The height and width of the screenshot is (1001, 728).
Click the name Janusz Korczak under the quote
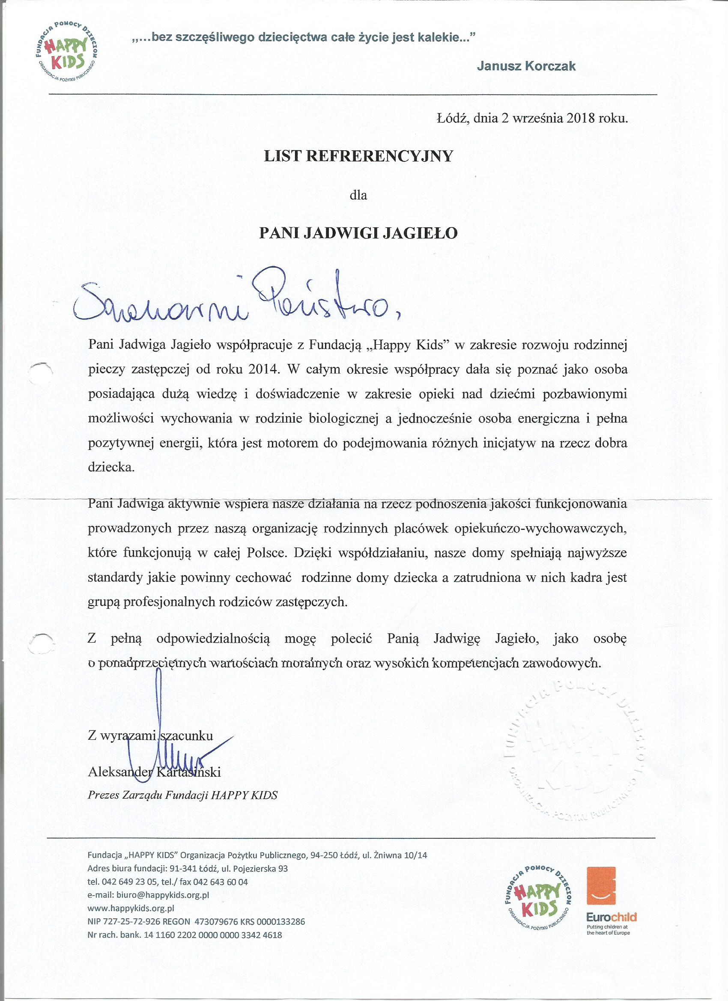(526, 66)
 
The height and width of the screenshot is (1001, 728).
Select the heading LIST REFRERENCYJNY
(358, 156)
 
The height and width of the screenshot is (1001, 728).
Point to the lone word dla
(358, 195)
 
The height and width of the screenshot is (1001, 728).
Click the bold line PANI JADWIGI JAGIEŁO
(358, 233)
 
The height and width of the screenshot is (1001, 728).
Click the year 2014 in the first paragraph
(264, 369)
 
